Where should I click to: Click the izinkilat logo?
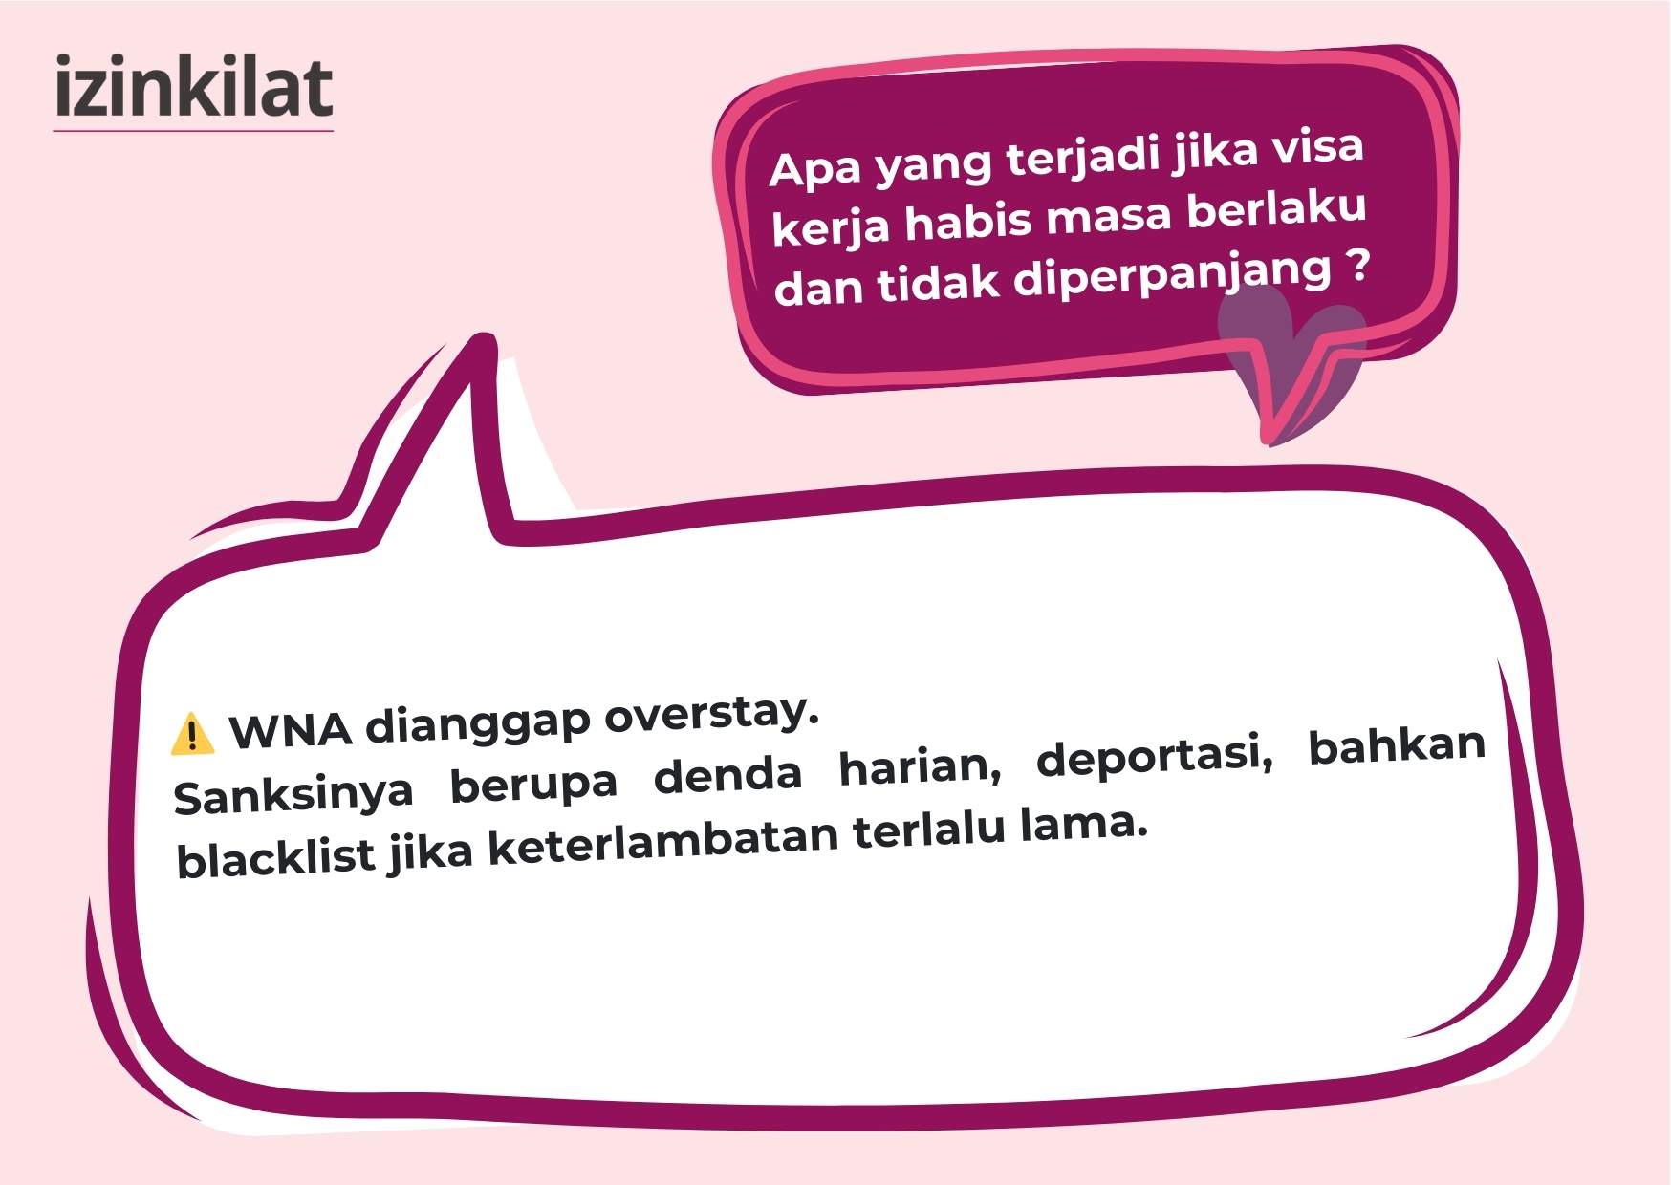click(193, 89)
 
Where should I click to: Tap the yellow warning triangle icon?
click(192, 734)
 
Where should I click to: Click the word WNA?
click(291, 730)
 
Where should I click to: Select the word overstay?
click(712, 714)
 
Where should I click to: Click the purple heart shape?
click(1291, 358)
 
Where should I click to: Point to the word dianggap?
click(478, 723)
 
